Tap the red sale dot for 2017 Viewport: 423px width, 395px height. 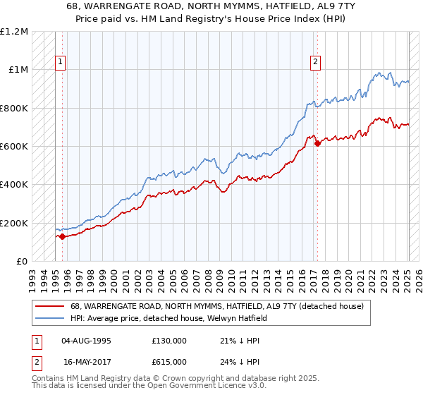pyautogui.click(x=317, y=143)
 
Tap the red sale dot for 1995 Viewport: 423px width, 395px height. pyautogui.click(x=62, y=236)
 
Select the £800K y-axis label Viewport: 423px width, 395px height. pyautogui.click(x=13, y=108)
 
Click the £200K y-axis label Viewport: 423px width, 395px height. pyautogui.click(x=13, y=223)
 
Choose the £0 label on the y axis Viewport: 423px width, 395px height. pyautogui.click(x=22, y=261)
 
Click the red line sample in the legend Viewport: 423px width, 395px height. pyautogui.click(x=50, y=307)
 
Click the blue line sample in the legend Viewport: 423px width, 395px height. pyautogui.click(x=50, y=318)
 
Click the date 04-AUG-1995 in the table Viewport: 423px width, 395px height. pyautogui.click(x=87, y=341)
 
